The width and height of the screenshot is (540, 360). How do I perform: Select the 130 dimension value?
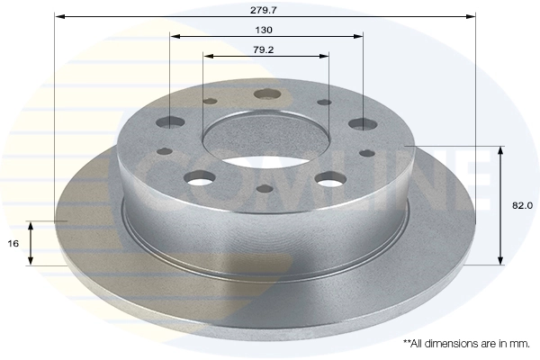(x=265, y=29)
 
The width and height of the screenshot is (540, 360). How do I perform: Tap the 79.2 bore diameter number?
(x=264, y=49)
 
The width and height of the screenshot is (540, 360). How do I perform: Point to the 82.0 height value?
(x=522, y=205)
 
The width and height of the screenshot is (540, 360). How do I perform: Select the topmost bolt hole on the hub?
(x=266, y=94)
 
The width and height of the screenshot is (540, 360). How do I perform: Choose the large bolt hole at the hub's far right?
(x=362, y=123)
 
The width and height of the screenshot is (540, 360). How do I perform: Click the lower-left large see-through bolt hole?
(x=201, y=177)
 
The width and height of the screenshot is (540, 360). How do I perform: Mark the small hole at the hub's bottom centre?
(x=265, y=189)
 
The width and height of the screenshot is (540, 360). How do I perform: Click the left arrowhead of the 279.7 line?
(x=58, y=16)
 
